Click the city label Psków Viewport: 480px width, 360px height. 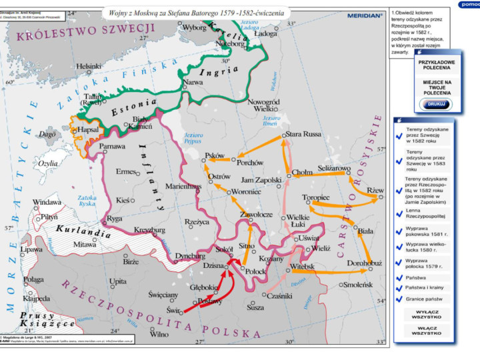click(215, 155)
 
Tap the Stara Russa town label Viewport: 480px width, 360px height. click(303, 134)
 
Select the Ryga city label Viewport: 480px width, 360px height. click(115, 218)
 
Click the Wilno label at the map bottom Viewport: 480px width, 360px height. click(159, 334)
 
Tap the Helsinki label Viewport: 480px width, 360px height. click(89, 67)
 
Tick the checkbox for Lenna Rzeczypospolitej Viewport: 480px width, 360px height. click(399, 213)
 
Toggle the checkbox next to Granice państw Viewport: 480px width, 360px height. click(399, 299)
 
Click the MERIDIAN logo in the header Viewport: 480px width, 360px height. click(365, 15)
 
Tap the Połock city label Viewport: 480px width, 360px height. click(255, 271)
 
